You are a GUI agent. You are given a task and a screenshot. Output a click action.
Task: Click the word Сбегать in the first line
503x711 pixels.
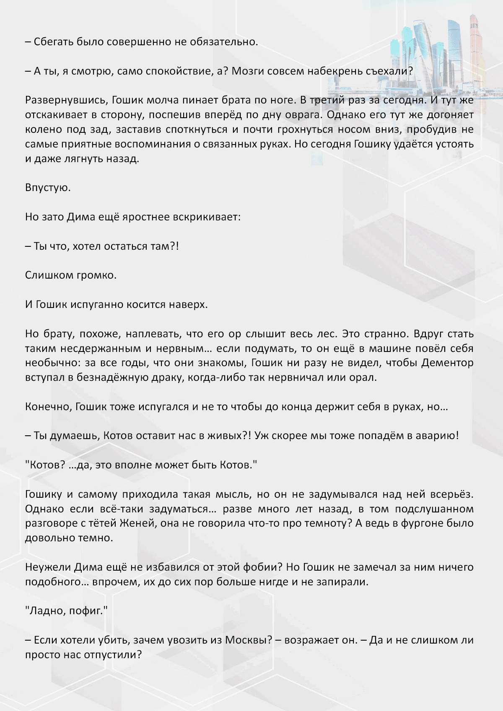coord(53,42)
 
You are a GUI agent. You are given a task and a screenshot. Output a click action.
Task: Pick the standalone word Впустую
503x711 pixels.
coord(48,188)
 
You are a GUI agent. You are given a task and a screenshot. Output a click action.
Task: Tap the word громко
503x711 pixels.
coord(97,275)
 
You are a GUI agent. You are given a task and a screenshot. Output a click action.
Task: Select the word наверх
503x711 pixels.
coord(188,305)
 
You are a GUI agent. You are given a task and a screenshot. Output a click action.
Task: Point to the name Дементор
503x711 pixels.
coord(447,363)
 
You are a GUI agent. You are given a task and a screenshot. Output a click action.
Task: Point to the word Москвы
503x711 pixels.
coord(249,640)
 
